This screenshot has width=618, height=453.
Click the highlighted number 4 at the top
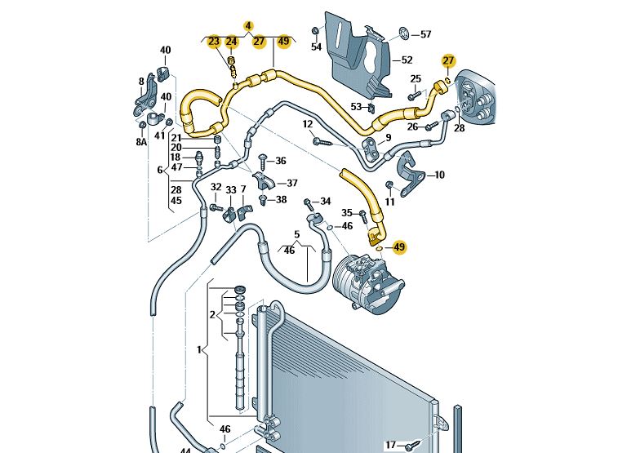tap(249, 25)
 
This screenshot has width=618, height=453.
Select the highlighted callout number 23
tap(214, 42)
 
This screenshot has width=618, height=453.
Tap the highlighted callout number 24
tap(232, 42)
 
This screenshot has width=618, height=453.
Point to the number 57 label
tap(425, 34)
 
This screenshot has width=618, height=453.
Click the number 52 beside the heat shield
tap(407, 60)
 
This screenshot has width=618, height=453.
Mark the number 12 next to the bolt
tap(308, 124)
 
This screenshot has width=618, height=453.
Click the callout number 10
tap(439, 175)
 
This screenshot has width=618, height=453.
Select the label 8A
tap(141, 142)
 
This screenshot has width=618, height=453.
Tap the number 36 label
tap(281, 161)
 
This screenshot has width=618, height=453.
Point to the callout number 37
tap(291, 183)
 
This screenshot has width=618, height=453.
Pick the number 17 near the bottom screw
tap(391, 445)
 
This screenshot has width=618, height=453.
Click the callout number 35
tap(347, 212)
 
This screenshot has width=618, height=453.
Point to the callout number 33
tap(231, 190)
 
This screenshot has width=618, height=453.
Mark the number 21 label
tap(176, 137)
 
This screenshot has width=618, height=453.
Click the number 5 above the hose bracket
tap(296, 234)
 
